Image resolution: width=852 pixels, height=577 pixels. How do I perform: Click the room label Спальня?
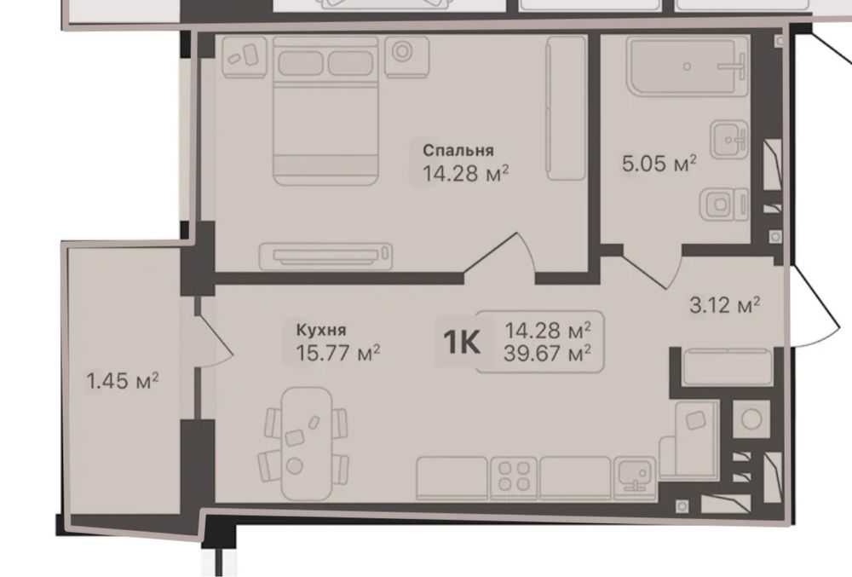pos(458,151)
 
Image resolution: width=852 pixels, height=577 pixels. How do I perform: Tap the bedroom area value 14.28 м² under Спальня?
pos(466,174)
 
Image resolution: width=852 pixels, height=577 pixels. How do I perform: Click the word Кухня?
pos(321,330)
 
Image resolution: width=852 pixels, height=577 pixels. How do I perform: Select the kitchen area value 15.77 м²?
pos(337,353)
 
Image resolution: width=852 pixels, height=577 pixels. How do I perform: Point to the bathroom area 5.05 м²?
pos(659,163)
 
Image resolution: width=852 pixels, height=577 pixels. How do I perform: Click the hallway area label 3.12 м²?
pos(724,305)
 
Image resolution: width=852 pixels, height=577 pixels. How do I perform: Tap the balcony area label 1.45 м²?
pos(123,381)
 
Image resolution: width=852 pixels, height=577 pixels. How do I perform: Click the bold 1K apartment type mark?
pos(461,343)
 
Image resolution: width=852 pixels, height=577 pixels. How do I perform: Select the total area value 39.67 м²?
pos(548,355)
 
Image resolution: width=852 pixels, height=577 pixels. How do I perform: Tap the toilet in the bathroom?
pos(723,205)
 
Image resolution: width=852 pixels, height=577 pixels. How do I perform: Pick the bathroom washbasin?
pos(729,140)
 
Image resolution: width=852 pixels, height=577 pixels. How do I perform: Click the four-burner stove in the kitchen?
pos(514,476)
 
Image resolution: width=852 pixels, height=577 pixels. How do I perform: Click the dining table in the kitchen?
pos(307,443)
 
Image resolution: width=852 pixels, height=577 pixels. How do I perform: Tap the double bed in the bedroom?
pos(325,111)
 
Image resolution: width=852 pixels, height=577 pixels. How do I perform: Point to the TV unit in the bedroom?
pos(325,256)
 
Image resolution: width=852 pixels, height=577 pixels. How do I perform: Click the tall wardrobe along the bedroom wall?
pos(567,107)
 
